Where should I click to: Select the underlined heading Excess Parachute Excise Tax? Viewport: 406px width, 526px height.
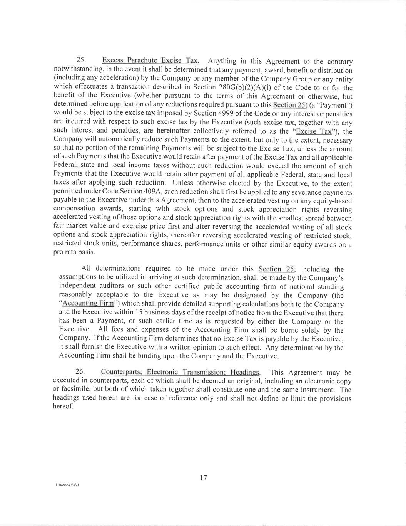tap(150, 60)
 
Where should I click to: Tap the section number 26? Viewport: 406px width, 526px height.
tap(80, 371)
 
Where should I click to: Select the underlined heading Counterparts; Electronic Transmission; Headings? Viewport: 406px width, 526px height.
tap(180, 372)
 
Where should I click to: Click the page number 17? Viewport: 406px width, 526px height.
tap(204, 478)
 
